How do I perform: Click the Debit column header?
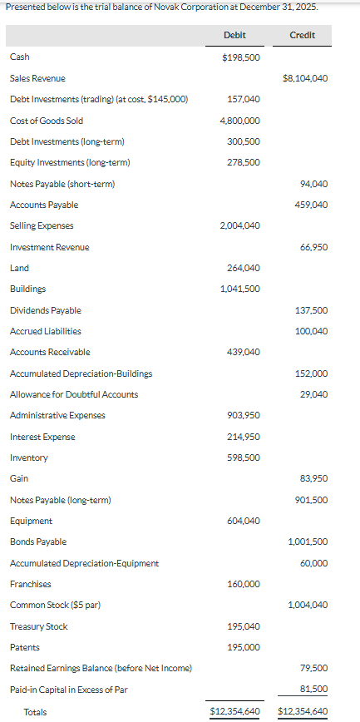[x=234, y=35]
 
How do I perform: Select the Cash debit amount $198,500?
[x=241, y=57]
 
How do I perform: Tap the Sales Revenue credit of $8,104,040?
[x=305, y=78]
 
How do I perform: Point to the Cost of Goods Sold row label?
[x=47, y=121]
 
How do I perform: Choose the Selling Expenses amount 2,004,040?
[x=240, y=225]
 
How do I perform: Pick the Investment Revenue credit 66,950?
[x=313, y=247]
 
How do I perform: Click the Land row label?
[x=19, y=268]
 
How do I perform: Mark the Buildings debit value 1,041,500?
[x=240, y=289]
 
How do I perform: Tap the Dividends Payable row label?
[x=46, y=310]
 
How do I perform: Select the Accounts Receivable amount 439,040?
[x=244, y=352]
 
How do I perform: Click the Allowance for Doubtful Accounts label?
[x=74, y=394]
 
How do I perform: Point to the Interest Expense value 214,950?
[x=244, y=437]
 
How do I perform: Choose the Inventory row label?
[x=29, y=457]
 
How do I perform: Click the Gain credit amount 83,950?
[x=313, y=478]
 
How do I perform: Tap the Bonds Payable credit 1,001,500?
[x=308, y=541]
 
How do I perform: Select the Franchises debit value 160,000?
[x=244, y=584]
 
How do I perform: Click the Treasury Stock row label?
[x=39, y=626]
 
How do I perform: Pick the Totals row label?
[x=36, y=712]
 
